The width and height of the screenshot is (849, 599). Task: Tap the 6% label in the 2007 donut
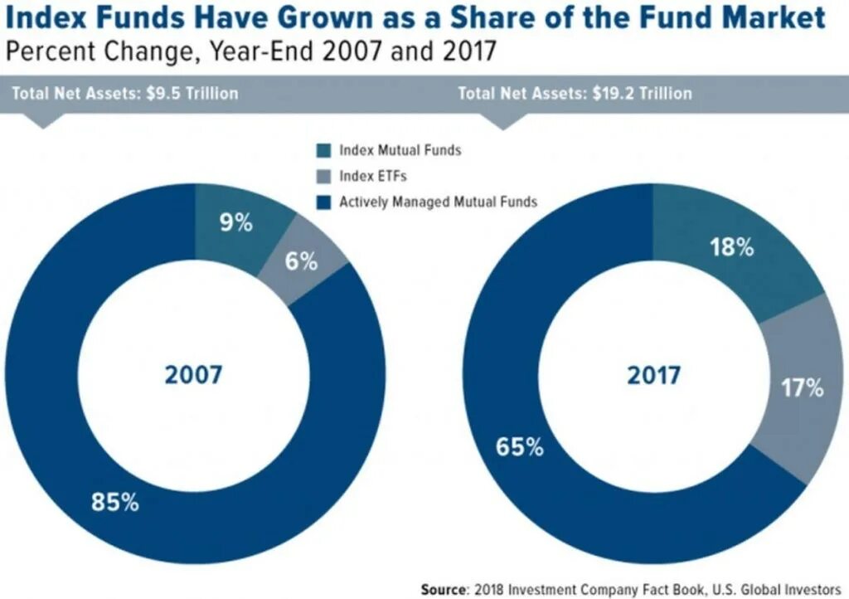click(x=302, y=261)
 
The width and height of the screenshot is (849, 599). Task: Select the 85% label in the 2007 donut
click(x=114, y=502)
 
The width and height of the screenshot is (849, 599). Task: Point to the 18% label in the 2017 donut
click(x=730, y=246)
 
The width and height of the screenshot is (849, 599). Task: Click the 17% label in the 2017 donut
click(x=801, y=387)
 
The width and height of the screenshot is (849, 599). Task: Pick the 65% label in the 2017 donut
click(x=520, y=447)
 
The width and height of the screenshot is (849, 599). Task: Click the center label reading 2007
click(x=193, y=375)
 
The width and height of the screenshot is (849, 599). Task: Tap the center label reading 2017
click(x=653, y=375)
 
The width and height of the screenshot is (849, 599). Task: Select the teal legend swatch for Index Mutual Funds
click(x=323, y=150)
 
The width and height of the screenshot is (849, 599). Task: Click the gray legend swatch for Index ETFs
click(x=323, y=176)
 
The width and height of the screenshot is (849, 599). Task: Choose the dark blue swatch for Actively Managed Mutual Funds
click(x=323, y=201)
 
